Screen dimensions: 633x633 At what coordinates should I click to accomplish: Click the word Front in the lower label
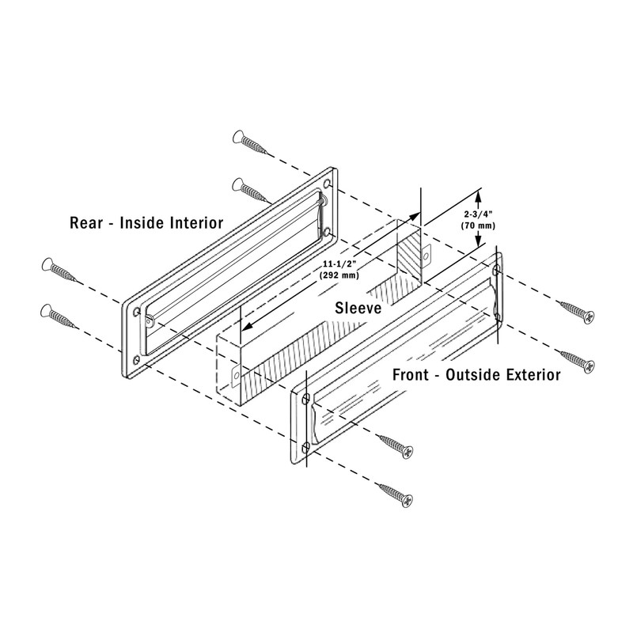pyautogui.click(x=414, y=374)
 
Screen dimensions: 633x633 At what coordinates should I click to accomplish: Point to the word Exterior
pyautogui.click(x=530, y=374)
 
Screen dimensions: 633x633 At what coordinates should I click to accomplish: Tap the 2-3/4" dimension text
pyautogui.click(x=477, y=213)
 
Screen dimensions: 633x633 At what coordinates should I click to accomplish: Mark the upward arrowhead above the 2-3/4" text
pyautogui.click(x=480, y=194)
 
